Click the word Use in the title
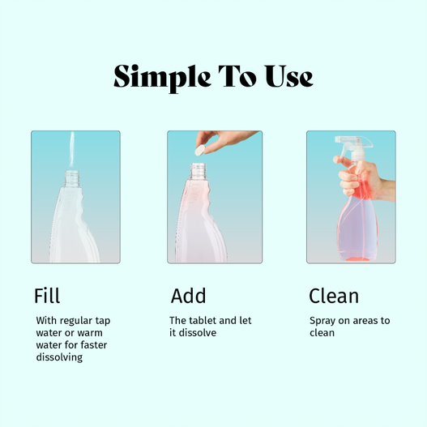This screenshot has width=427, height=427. click(x=284, y=77)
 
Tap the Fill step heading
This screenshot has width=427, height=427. click(x=47, y=295)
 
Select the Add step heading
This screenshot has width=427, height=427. click(x=188, y=295)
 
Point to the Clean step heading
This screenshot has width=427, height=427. click(x=334, y=295)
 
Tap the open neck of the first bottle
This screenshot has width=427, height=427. click(x=73, y=173)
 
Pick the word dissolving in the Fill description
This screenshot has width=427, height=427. click(x=59, y=357)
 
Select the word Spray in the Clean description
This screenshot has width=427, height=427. click(x=322, y=321)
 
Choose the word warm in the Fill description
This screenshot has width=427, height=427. click(x=97, y=333)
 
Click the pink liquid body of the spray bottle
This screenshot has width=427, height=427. click(x=357, y=231)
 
